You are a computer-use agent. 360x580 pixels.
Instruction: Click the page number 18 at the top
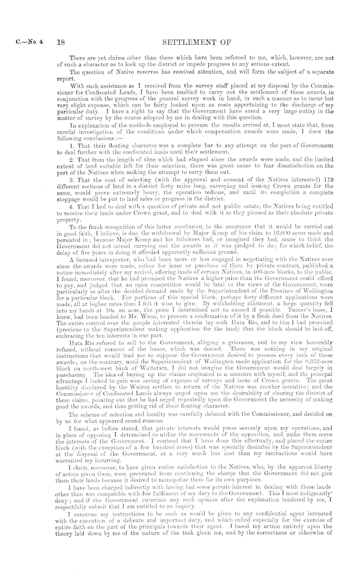pos(61,37)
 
